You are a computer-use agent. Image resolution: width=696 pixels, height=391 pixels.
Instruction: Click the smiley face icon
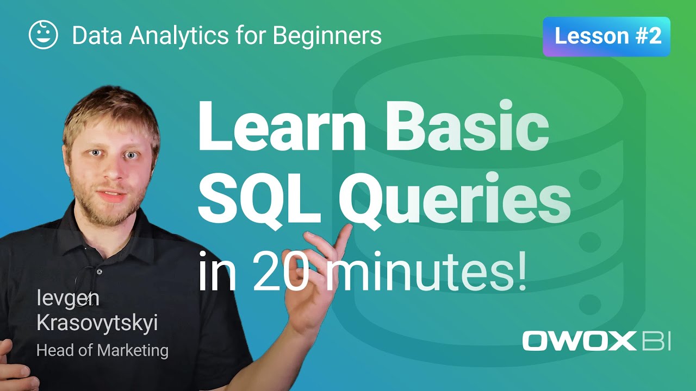[43, 35]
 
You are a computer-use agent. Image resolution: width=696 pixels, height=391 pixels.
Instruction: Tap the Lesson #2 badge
[606, 36]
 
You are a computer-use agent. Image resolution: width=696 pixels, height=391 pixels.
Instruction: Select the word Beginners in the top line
[327, 36]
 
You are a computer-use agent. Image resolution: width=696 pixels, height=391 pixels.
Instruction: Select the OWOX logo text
[579, 341]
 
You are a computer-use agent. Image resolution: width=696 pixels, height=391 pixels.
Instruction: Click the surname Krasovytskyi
[97, 324]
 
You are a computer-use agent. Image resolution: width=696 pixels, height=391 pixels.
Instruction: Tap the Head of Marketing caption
[102, 350]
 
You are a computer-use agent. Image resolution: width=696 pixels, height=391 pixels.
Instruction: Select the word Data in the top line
[92, 36]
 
